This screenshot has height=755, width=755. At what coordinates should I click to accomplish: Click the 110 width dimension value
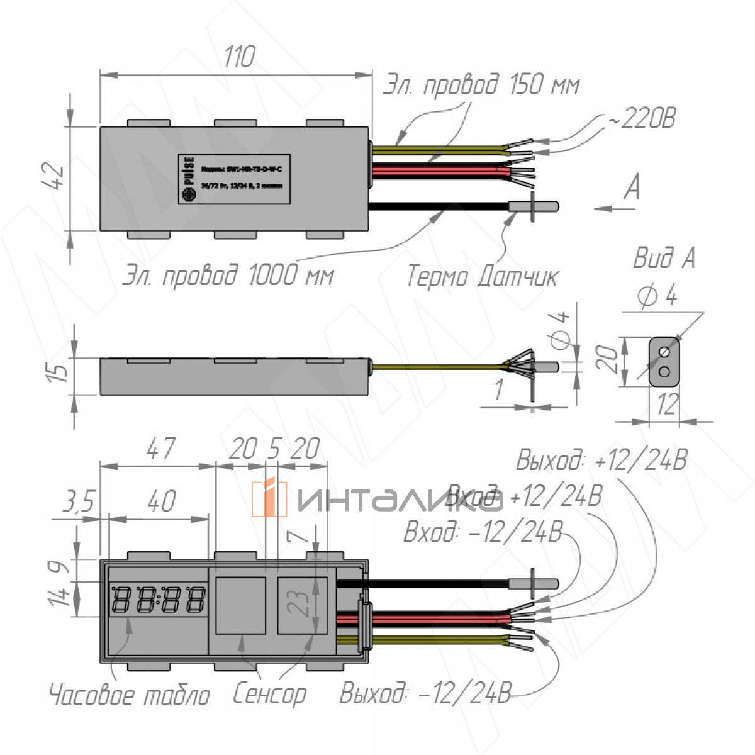pos(240,57)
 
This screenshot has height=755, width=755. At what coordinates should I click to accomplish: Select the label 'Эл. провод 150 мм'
pos(481,85)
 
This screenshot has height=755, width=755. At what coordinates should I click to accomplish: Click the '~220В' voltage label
pos(640,118)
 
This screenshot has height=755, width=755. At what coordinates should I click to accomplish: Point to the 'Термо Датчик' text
pos(481,276)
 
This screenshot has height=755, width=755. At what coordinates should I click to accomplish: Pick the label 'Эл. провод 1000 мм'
pos(227,275)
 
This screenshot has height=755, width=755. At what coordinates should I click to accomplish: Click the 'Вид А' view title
pos(664,258)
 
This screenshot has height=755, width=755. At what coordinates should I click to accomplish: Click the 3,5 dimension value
pos(78,502)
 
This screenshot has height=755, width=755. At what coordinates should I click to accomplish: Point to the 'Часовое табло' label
pos(129,695)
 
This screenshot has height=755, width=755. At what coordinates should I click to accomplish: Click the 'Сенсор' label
pos(269,694)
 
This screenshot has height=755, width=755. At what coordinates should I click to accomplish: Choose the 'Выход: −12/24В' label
pos(425,695)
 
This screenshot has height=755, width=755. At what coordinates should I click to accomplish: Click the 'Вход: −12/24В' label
pos(482,533)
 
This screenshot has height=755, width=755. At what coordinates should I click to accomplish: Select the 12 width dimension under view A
pos(668,405)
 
